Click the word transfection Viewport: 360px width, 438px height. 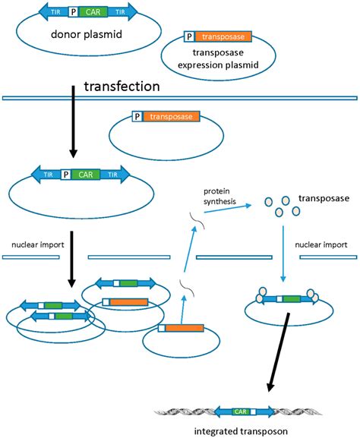point(122,87)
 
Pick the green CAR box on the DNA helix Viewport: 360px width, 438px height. point(242,411)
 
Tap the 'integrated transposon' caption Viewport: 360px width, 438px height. point(242,431)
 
